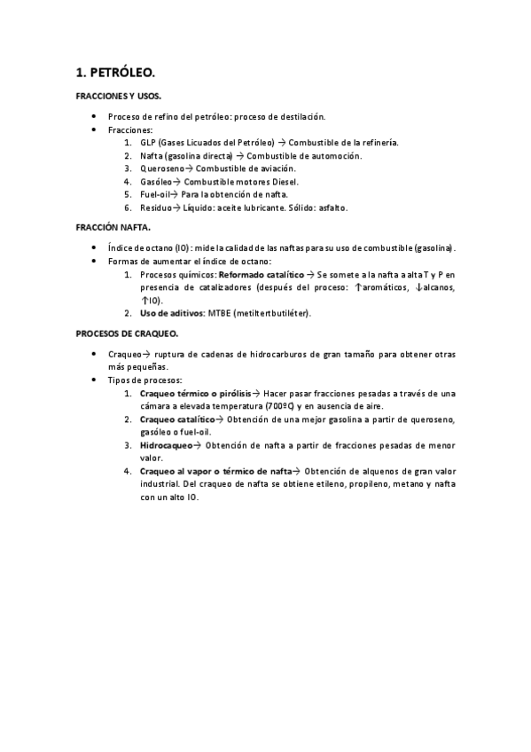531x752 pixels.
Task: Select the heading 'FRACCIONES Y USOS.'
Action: tap(118, 96)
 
